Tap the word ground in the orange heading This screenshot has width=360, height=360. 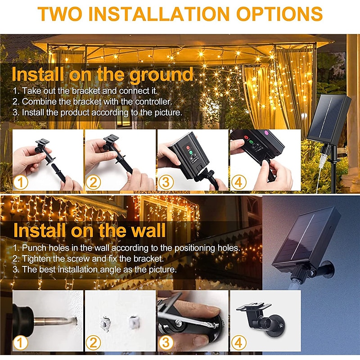pos(161,75)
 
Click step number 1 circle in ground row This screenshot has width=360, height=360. pos(20,183)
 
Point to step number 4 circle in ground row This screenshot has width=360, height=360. pos(238,183)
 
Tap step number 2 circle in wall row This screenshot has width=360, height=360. pos(93,343)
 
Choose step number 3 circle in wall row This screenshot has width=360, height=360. pos(166,343)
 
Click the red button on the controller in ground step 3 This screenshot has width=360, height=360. pos(188,148)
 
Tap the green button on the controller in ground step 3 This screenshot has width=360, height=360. pos(190,153)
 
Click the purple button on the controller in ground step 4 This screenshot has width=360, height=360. pos(266,132)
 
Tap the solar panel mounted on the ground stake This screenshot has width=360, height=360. pos(328,119)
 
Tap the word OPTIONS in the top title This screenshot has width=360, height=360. pos(279,14)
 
